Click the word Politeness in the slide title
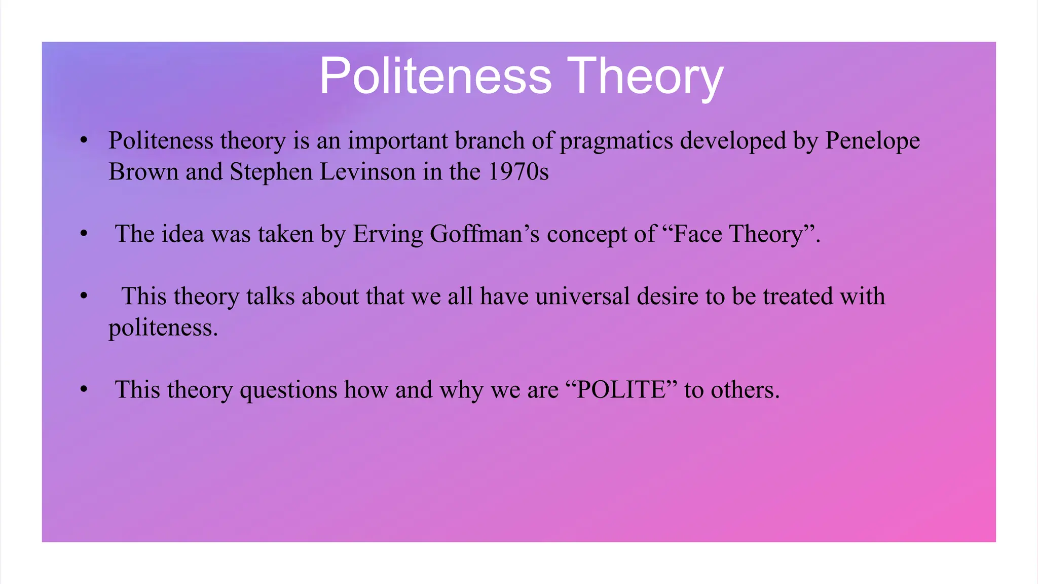435,76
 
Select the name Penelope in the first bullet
872,141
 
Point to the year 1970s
518,172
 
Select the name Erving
387,234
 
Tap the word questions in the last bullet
288,390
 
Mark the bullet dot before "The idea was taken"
84,234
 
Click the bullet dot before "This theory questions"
84,390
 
